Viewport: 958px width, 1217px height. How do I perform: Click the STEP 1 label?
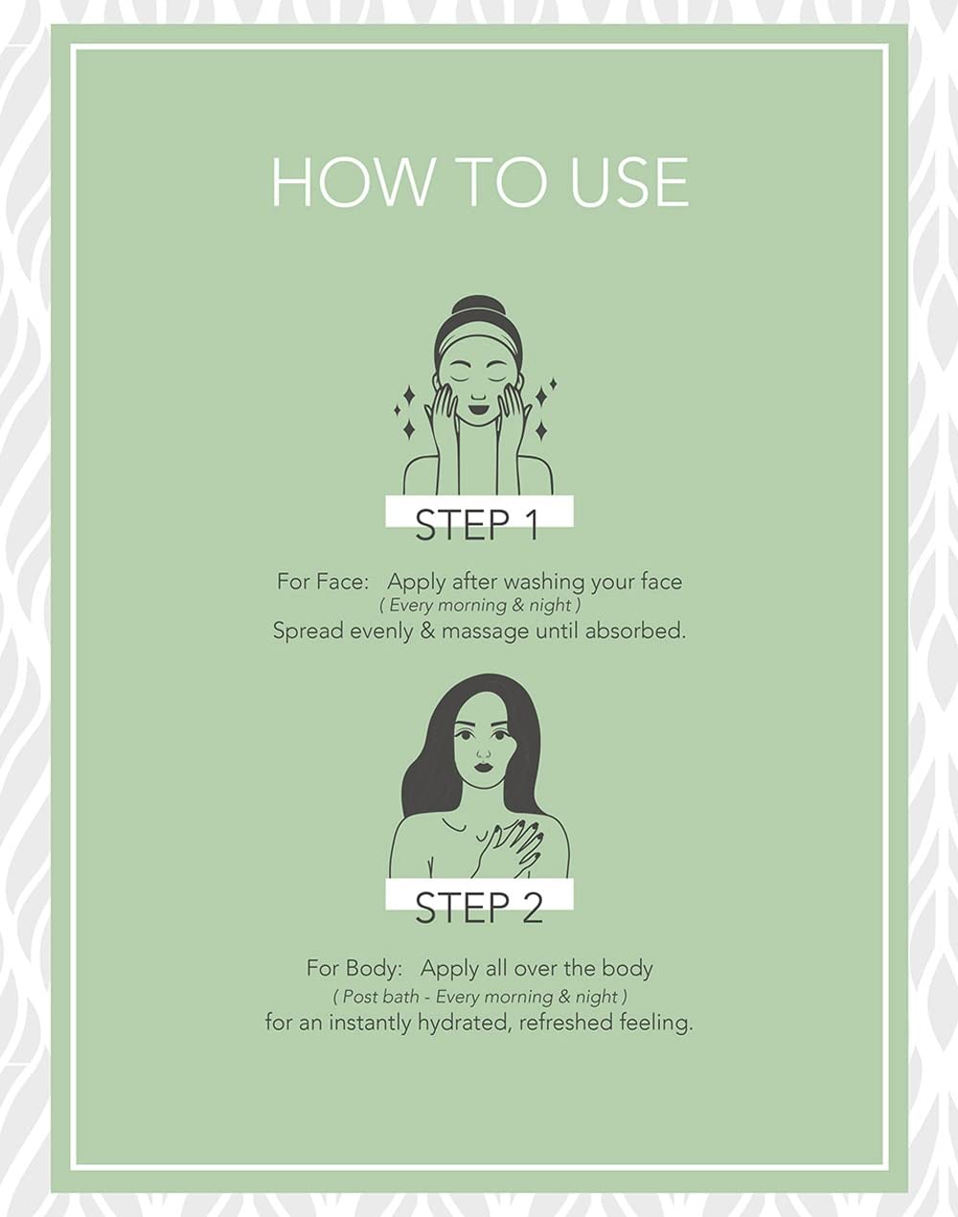point(477,526)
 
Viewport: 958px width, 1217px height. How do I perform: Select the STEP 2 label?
point(479,907)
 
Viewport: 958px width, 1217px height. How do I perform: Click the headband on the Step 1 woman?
point(478,345)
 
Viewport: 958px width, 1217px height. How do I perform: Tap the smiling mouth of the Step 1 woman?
point(478,406)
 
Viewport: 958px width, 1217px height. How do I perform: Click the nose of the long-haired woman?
point(483,753)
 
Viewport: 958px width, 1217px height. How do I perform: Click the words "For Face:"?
point(323,582)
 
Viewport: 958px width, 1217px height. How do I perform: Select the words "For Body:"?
point(354,969)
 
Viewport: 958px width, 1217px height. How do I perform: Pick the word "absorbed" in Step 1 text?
point(635,631)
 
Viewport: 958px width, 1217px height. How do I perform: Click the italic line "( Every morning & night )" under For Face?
point(480,606)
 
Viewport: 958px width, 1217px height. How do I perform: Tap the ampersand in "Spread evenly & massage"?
point(428,631)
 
